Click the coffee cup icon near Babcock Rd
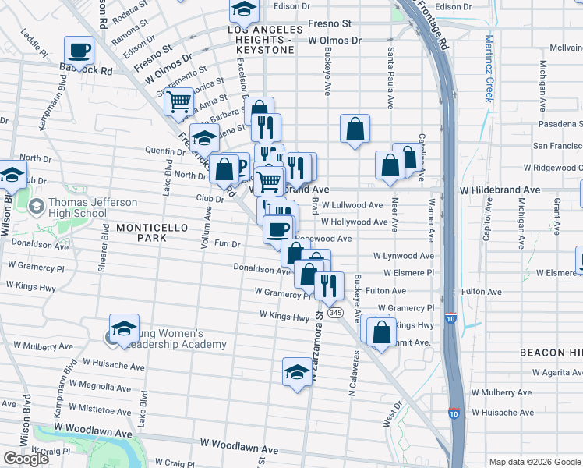pos(79,51)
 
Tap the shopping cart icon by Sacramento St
pos(179,101)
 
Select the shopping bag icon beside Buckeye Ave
pos(355,129)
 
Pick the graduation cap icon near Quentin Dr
pos(204,138)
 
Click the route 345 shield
pos(336,312)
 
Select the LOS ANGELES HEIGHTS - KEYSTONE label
pos(261,40)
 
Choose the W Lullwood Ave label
pos(352,205)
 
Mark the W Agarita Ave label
pos(554,373)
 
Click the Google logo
pos(26,459)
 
